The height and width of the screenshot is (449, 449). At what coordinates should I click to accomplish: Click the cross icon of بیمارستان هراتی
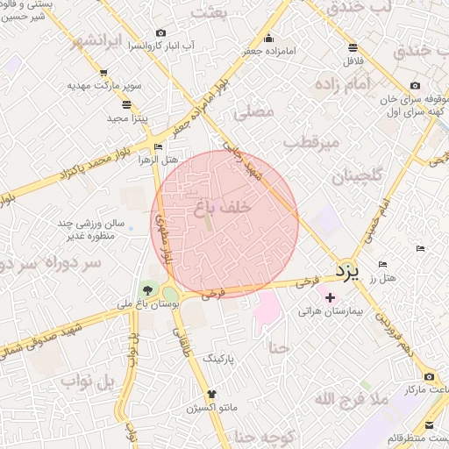(330, 298)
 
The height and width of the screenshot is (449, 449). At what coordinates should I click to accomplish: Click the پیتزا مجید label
(105, 118)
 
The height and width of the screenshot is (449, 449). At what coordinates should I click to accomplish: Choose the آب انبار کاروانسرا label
(162, 44)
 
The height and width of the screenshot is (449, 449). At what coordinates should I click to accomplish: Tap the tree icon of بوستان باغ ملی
(147, 289)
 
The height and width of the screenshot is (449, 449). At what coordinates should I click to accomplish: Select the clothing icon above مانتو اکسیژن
(210, 394)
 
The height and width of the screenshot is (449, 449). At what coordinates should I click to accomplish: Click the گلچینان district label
(357, 176)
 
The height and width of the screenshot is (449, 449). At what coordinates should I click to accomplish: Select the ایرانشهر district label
(80, 42)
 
